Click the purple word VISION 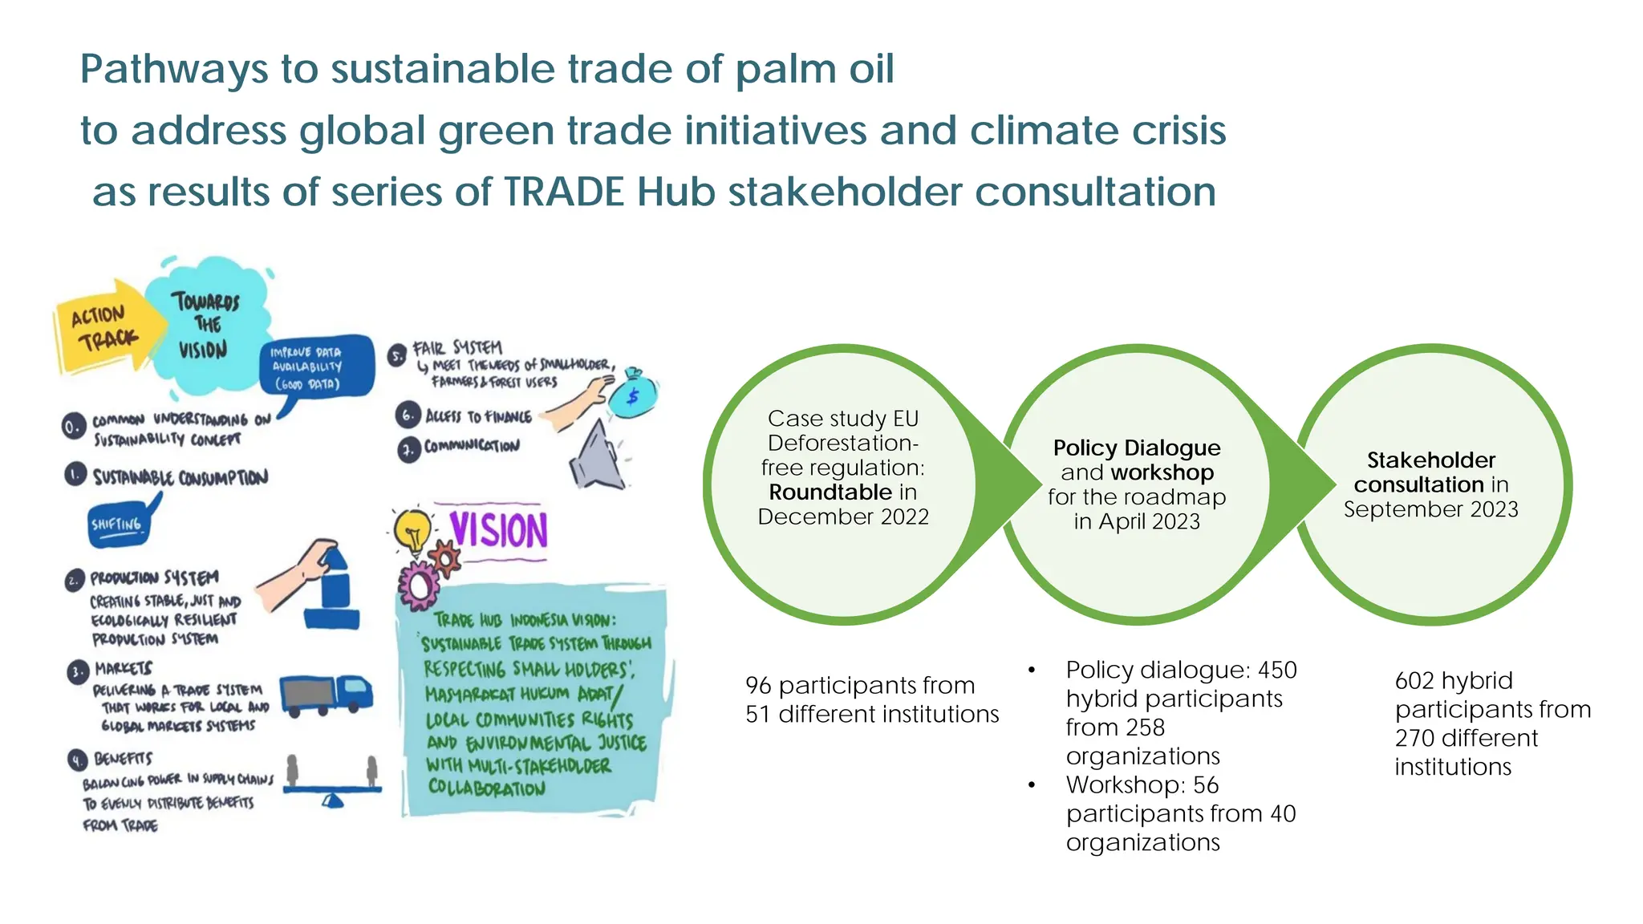pos(498,530)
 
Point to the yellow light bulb pos(413,529)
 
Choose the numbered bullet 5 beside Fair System pos(397,355)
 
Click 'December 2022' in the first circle pos(843,517)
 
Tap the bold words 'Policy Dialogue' pos(1137,448)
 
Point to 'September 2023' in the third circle pos(1430,509)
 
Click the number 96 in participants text pos(758,686)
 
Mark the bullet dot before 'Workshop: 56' pos(1032,785)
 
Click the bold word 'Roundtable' pos(830,492)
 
